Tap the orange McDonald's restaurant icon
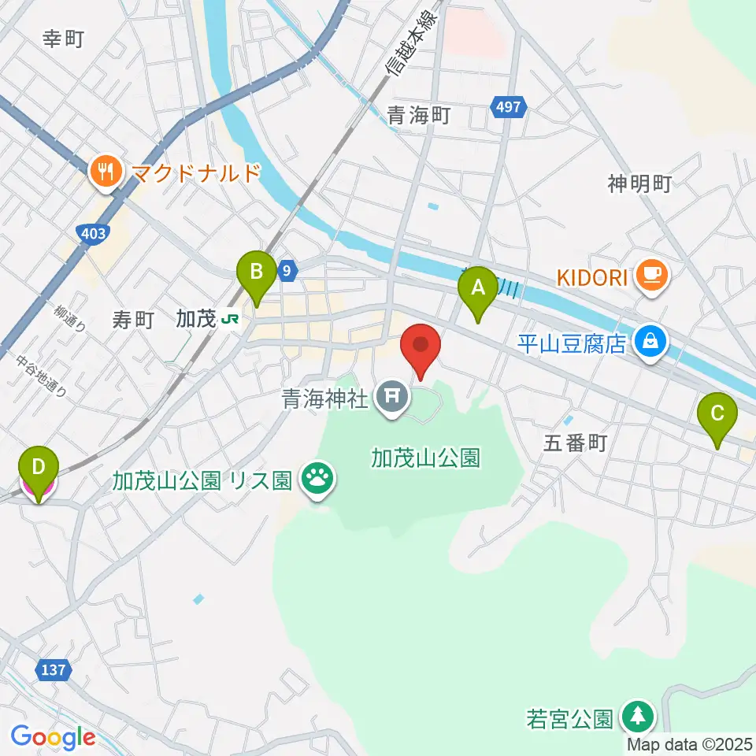[x=105, y=172]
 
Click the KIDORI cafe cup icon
[x=653, y=275]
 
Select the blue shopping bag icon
[x=653, y=343]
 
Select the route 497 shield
[x=508, y=106]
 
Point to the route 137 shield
[x=53, y=670]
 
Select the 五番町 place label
[x=576, y=443]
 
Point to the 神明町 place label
[x=639, y=183]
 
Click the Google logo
[x=53, y=737]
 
